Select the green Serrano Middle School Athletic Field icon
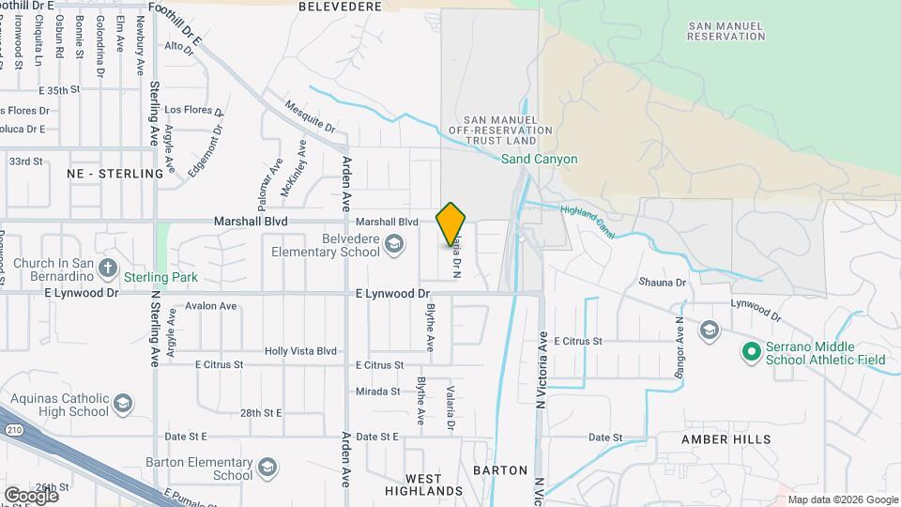pos(750,352)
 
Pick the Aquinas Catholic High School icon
pos(122,405)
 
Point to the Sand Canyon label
pos(539,160)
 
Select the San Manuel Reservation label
pos(725,30)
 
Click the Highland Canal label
pos(588,222)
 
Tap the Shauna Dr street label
pos(663,282)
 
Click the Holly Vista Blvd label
pos(300,351)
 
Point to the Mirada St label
pos(378,392)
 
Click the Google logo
pos(30,495)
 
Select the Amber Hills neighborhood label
pos(726,439)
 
